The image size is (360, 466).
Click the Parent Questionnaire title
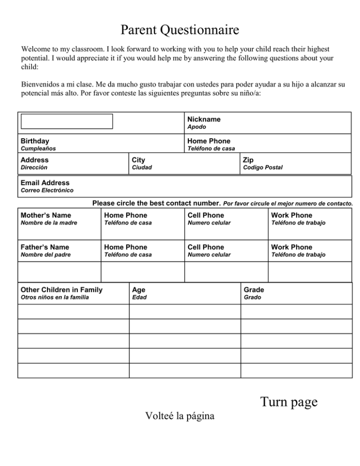180,30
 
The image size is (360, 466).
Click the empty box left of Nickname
67,121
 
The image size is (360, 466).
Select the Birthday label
35,141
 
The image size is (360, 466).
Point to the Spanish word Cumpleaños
38,149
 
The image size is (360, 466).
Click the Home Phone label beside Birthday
209,141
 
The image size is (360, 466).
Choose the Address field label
35,160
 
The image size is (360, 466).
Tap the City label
139,160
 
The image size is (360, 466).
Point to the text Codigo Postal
262,167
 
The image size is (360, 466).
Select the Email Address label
45,183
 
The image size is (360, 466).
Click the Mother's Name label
46,215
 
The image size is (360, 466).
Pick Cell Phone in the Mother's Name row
206,215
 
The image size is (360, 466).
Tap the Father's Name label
45,247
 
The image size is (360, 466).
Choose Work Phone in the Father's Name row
292,247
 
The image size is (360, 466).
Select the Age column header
139,290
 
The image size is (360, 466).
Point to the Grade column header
254,290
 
